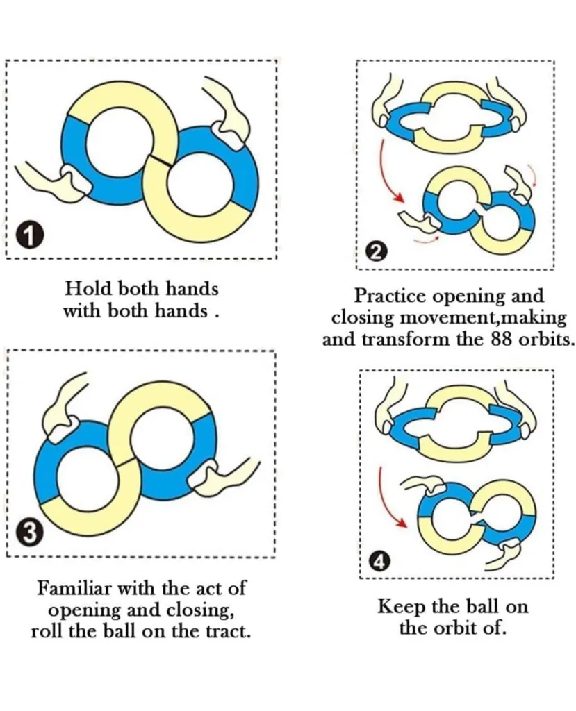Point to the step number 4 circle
point(379,561)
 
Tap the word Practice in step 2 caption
point(390,296)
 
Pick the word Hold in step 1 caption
point(83,287)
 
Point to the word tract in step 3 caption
point(227,632)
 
